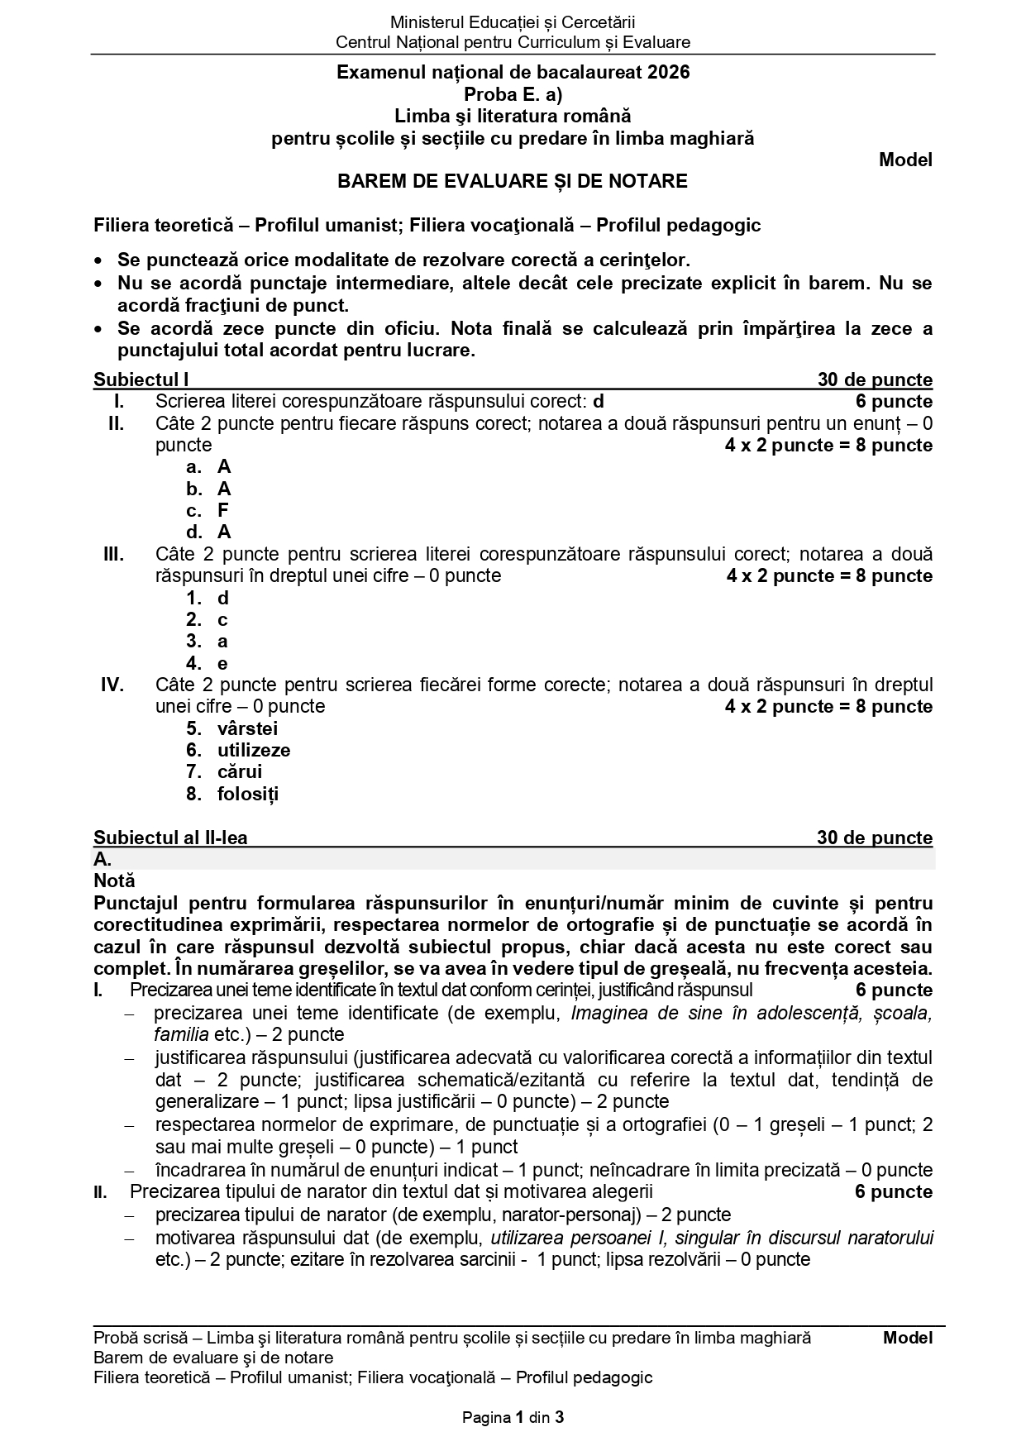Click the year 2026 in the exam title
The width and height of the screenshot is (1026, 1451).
pyautogui.click(x=669, y=73)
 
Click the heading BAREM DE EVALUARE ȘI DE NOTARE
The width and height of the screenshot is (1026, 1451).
pyautogui.click(x=512, y=181)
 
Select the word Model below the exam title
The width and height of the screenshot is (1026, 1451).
pyautogui.click(x=905, y=160)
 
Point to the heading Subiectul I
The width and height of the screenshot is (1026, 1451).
pyautogui.click(x=141, y=380)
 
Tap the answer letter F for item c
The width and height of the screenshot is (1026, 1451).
pyautogui.click(x=223, y=510)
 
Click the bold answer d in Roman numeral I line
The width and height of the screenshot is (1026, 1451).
pyautogui.click(x=599, y=402)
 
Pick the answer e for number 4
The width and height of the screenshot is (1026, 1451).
pyautogui.click(x=222, y=663)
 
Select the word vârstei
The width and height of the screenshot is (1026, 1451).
pyautogui.click(x=247, y=728)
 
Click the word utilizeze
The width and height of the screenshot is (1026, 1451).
pyautogui.click(x=254, y=750)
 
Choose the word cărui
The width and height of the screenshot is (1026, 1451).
pyautogui.click(x=240, y=771)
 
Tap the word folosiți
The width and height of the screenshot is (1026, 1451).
pyautogui.click(x=248, y=794)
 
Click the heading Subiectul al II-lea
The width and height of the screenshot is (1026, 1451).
pyautogui.click(x=170, y=838)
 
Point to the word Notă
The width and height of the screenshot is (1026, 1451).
pyautogui.click(x=114, y=881)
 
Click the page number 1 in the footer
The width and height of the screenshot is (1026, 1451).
pyautogui.click(x=519, y=1418)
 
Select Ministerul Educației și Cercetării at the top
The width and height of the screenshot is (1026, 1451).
pyautogui.click(x=513, y=22)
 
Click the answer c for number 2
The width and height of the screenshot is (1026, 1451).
pyautogui.click(x=222, y=619)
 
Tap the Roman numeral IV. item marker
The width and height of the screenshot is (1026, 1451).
pyautogui.click(x=112, y=685)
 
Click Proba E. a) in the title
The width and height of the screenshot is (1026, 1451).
pyautogui.click(x=513, y=94)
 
